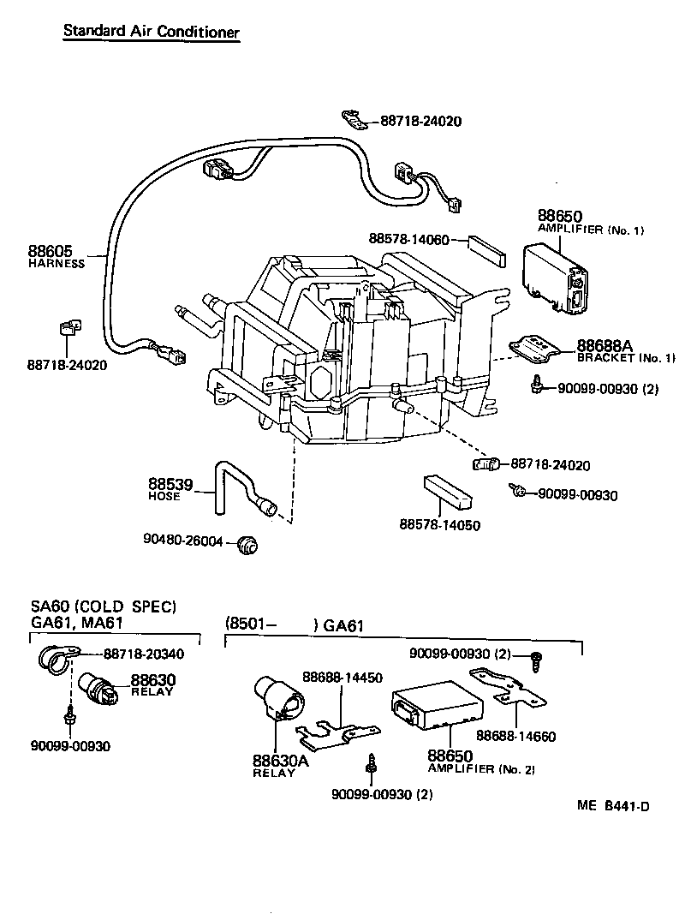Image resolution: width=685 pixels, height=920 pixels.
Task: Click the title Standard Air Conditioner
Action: pos(151,32)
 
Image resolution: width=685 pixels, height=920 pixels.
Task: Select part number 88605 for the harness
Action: pos(51,252)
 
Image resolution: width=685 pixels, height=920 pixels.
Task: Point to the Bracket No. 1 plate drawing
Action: pos(534,347)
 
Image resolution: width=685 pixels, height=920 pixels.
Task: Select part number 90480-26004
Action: pos(183,541)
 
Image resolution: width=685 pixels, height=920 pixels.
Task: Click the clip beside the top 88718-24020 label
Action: pos(354,118)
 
